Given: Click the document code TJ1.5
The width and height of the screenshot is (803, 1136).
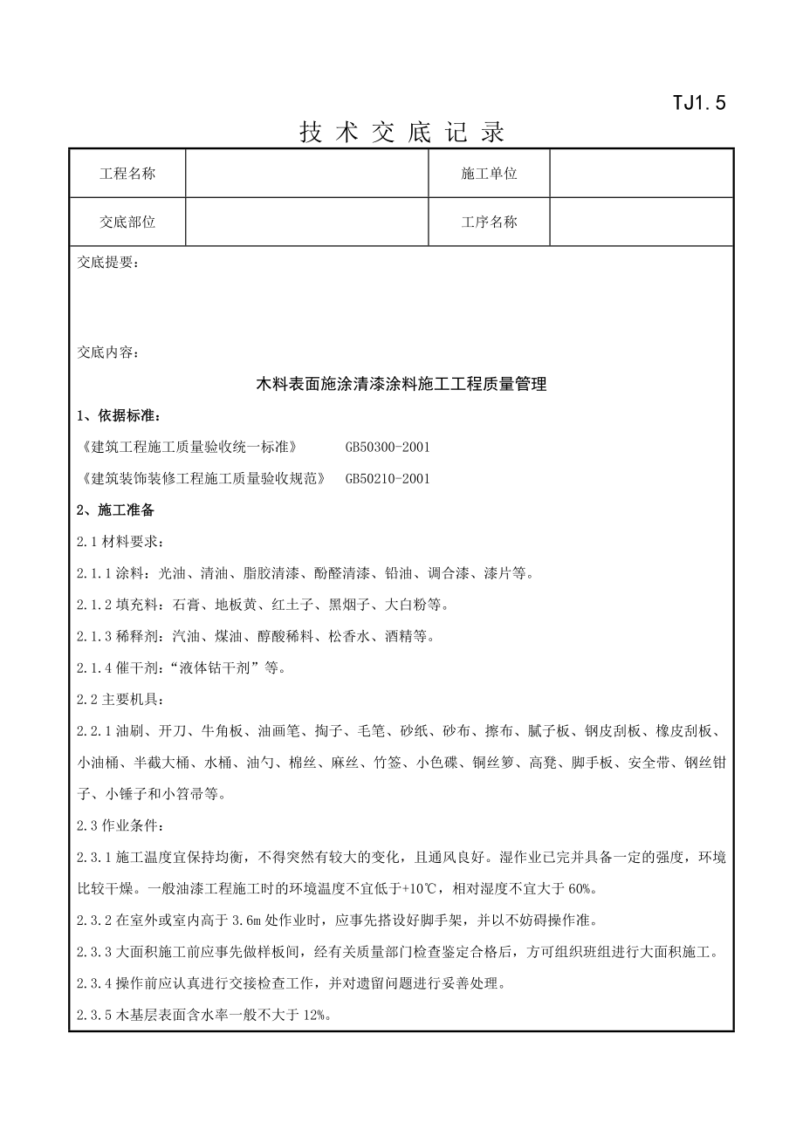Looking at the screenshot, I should tap(698, 103).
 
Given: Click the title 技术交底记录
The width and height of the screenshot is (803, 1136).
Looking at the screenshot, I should tap(402, 133).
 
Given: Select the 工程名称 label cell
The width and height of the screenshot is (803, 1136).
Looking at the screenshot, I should tap(127, 174).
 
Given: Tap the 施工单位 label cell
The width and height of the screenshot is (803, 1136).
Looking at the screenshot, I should tap(489, 174).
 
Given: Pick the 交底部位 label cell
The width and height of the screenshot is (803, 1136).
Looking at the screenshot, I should tap(127, 222).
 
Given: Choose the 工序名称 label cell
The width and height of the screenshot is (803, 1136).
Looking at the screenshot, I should tap(489, 222).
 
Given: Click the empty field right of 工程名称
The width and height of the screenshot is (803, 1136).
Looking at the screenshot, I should tap(306, 174).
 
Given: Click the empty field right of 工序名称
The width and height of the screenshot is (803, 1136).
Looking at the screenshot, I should tap(641, 222).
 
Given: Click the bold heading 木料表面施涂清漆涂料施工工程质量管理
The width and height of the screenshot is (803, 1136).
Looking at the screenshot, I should tap(401, 384).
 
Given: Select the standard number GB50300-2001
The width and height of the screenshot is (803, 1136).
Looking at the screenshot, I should tap(388, 447).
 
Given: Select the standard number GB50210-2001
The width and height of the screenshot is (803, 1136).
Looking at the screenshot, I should tap(388, 478).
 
